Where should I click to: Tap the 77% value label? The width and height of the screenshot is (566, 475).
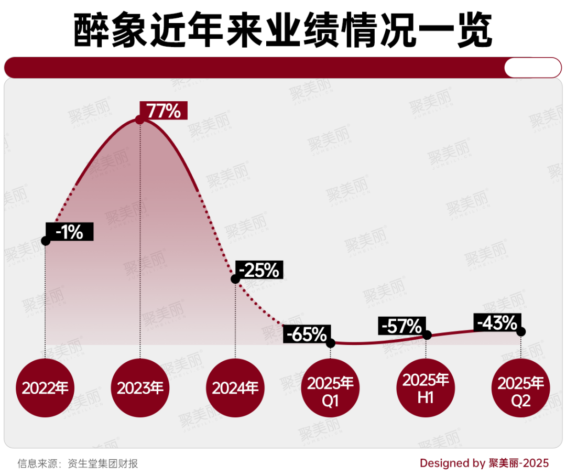[163, 111]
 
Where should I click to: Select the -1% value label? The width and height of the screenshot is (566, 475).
[70, 232]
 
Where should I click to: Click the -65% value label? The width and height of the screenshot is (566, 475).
[307, 334]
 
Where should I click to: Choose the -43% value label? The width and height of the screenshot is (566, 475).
[497, 322]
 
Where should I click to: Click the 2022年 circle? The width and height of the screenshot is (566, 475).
[45, 388]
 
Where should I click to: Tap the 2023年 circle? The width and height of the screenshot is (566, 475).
[140, 388]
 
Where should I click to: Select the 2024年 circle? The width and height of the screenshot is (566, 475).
[235, 388]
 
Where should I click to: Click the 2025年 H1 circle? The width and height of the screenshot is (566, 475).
[426, 388]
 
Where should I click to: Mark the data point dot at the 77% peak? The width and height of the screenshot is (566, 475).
[139, 120]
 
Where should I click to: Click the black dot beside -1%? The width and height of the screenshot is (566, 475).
[46, 241]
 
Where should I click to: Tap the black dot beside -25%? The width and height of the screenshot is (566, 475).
[235, 279]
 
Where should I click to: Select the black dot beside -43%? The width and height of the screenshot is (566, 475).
[521, 331]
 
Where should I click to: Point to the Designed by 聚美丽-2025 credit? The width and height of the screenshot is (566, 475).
[484, 463]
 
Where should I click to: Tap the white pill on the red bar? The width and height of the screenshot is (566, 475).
[532, 68]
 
